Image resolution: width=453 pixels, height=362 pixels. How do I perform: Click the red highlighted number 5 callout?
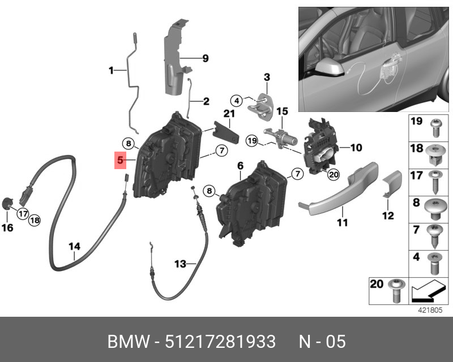point(120,160)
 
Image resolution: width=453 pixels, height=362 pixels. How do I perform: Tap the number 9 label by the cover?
point(206,58)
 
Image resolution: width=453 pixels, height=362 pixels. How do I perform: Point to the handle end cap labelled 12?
point(392,184)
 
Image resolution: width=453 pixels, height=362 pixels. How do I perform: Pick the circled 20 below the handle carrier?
point(334,174)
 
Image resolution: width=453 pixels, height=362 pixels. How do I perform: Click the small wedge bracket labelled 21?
point(226,132)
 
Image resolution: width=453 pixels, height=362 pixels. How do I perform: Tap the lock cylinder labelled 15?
point(280,137)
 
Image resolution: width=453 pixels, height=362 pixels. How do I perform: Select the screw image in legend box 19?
point(436,128)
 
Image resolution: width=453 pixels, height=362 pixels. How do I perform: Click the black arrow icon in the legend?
point(428,291)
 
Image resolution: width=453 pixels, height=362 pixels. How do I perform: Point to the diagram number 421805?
point(430,310)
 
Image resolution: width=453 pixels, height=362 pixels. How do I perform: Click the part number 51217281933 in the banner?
point(220,342)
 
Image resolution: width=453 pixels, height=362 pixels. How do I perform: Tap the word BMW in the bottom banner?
point(129,342)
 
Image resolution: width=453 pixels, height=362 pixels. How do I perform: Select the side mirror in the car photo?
point(330,68)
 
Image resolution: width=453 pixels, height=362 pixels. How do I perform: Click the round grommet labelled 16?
point(7,204)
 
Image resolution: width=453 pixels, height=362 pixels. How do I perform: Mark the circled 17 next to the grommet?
point(23,214)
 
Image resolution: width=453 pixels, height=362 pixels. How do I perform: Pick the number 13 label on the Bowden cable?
point(180,264)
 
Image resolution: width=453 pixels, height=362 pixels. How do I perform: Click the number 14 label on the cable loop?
point(74,247)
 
